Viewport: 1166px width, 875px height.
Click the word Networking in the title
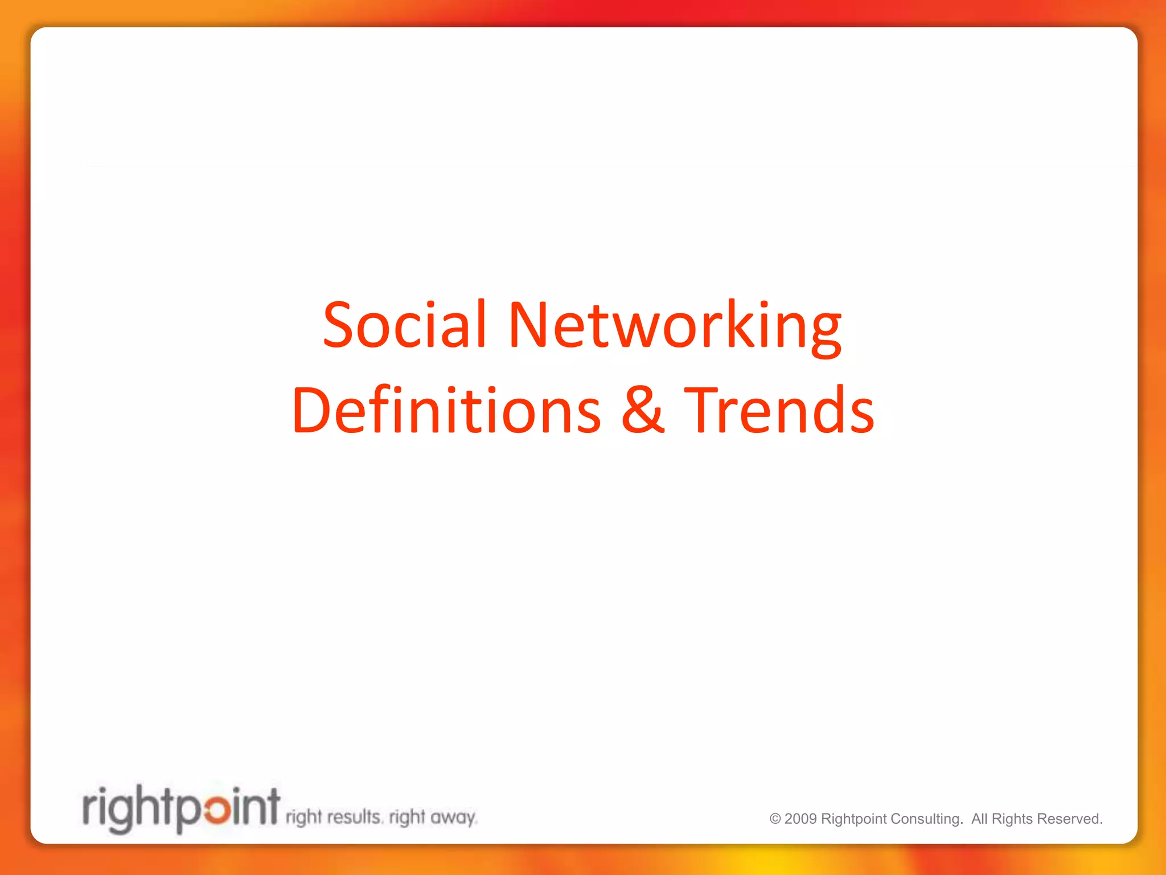674,325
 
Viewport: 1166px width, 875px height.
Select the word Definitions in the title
446,410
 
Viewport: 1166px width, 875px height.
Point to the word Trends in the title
779,410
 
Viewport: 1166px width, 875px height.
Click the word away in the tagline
453,818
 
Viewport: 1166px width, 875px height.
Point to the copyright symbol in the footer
775,819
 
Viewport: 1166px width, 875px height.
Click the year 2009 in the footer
800,819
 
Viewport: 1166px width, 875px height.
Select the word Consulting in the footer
926,819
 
